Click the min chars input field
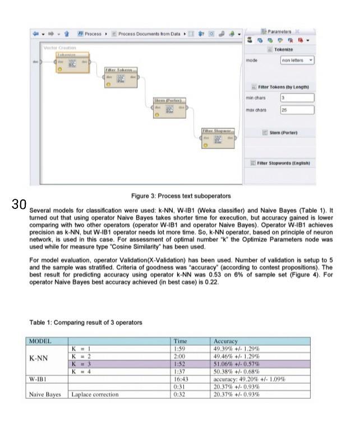pyautogui.click(x=297, y=98)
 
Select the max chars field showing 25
pyautogui.click(x=297, y=110)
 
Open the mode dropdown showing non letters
pyautogui.click(x=297, y=60)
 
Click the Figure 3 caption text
pyautogui.click(x=181, y=196)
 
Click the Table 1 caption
pyautogui.click(x=86, y=322)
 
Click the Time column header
pyautogui.click(x=181, y=341)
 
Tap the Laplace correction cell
pyautogui.click(x=95, y=394)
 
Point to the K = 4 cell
pyautogui.click(x=81, y=371)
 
